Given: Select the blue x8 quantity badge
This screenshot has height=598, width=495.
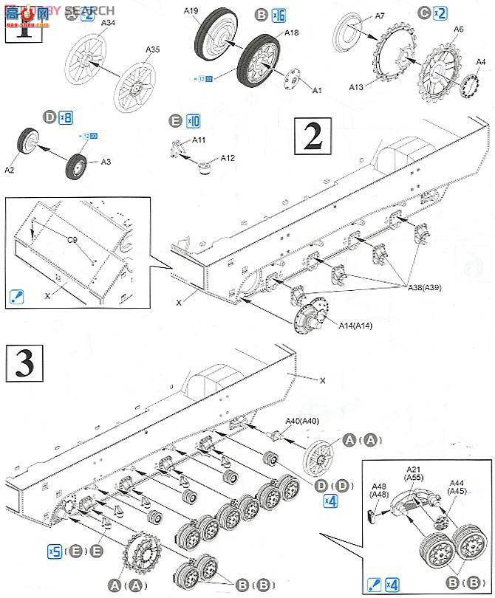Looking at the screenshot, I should tap(66, 117).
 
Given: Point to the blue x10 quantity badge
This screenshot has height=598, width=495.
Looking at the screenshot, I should tap(194, 120).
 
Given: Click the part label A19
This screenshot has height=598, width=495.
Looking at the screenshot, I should tap(191, 10).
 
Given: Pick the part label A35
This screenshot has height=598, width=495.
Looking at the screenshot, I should tap(152, 49).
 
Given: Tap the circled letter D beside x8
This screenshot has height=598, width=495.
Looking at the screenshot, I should tap(49, 117).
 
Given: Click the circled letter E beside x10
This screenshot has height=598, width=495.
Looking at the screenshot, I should tap(175, 120).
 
